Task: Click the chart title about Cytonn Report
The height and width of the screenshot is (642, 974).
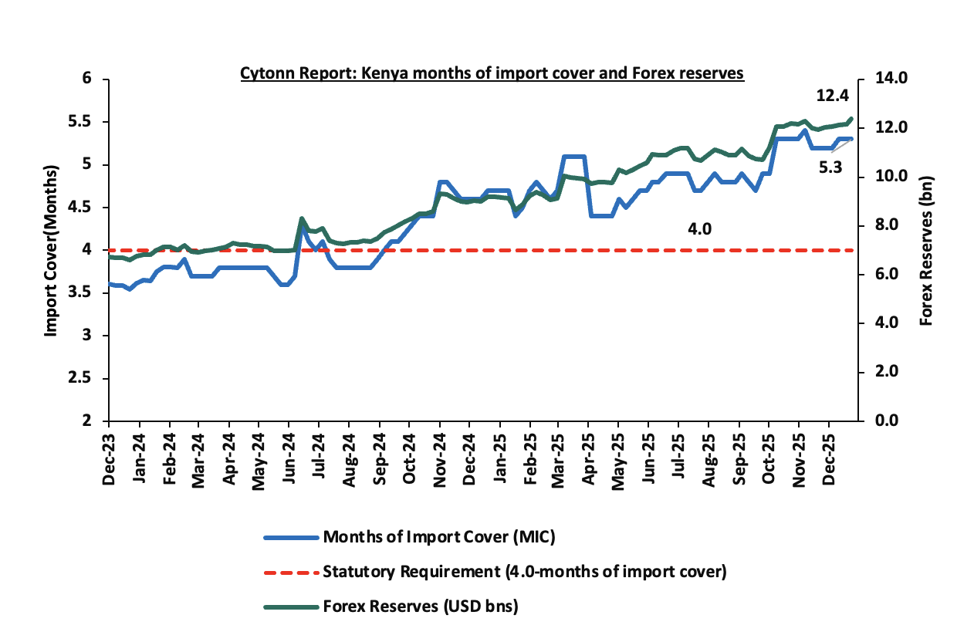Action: (492, 74)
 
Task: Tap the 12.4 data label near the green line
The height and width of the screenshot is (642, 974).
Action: (833, 96)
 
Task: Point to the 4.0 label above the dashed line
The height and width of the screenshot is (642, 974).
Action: (700, 229)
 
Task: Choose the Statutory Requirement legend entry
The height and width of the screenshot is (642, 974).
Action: (525, 572)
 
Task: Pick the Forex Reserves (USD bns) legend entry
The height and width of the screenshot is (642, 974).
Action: (421, 607)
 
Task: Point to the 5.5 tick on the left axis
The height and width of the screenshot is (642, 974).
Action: (92, 122)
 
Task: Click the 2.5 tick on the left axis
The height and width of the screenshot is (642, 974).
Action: (92, 379)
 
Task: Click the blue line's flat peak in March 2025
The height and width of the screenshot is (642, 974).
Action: (574, 157)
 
